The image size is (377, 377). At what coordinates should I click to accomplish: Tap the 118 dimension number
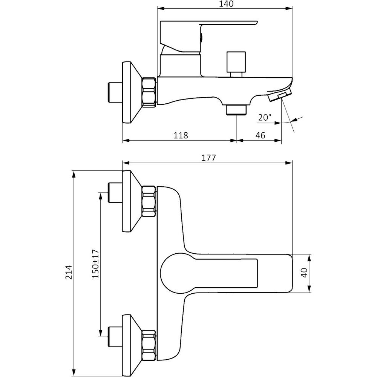181,135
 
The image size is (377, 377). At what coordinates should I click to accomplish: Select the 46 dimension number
261,135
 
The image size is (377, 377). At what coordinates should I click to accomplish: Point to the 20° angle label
265,117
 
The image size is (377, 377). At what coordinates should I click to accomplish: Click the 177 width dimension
208,158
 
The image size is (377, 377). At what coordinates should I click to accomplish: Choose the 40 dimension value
304,273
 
